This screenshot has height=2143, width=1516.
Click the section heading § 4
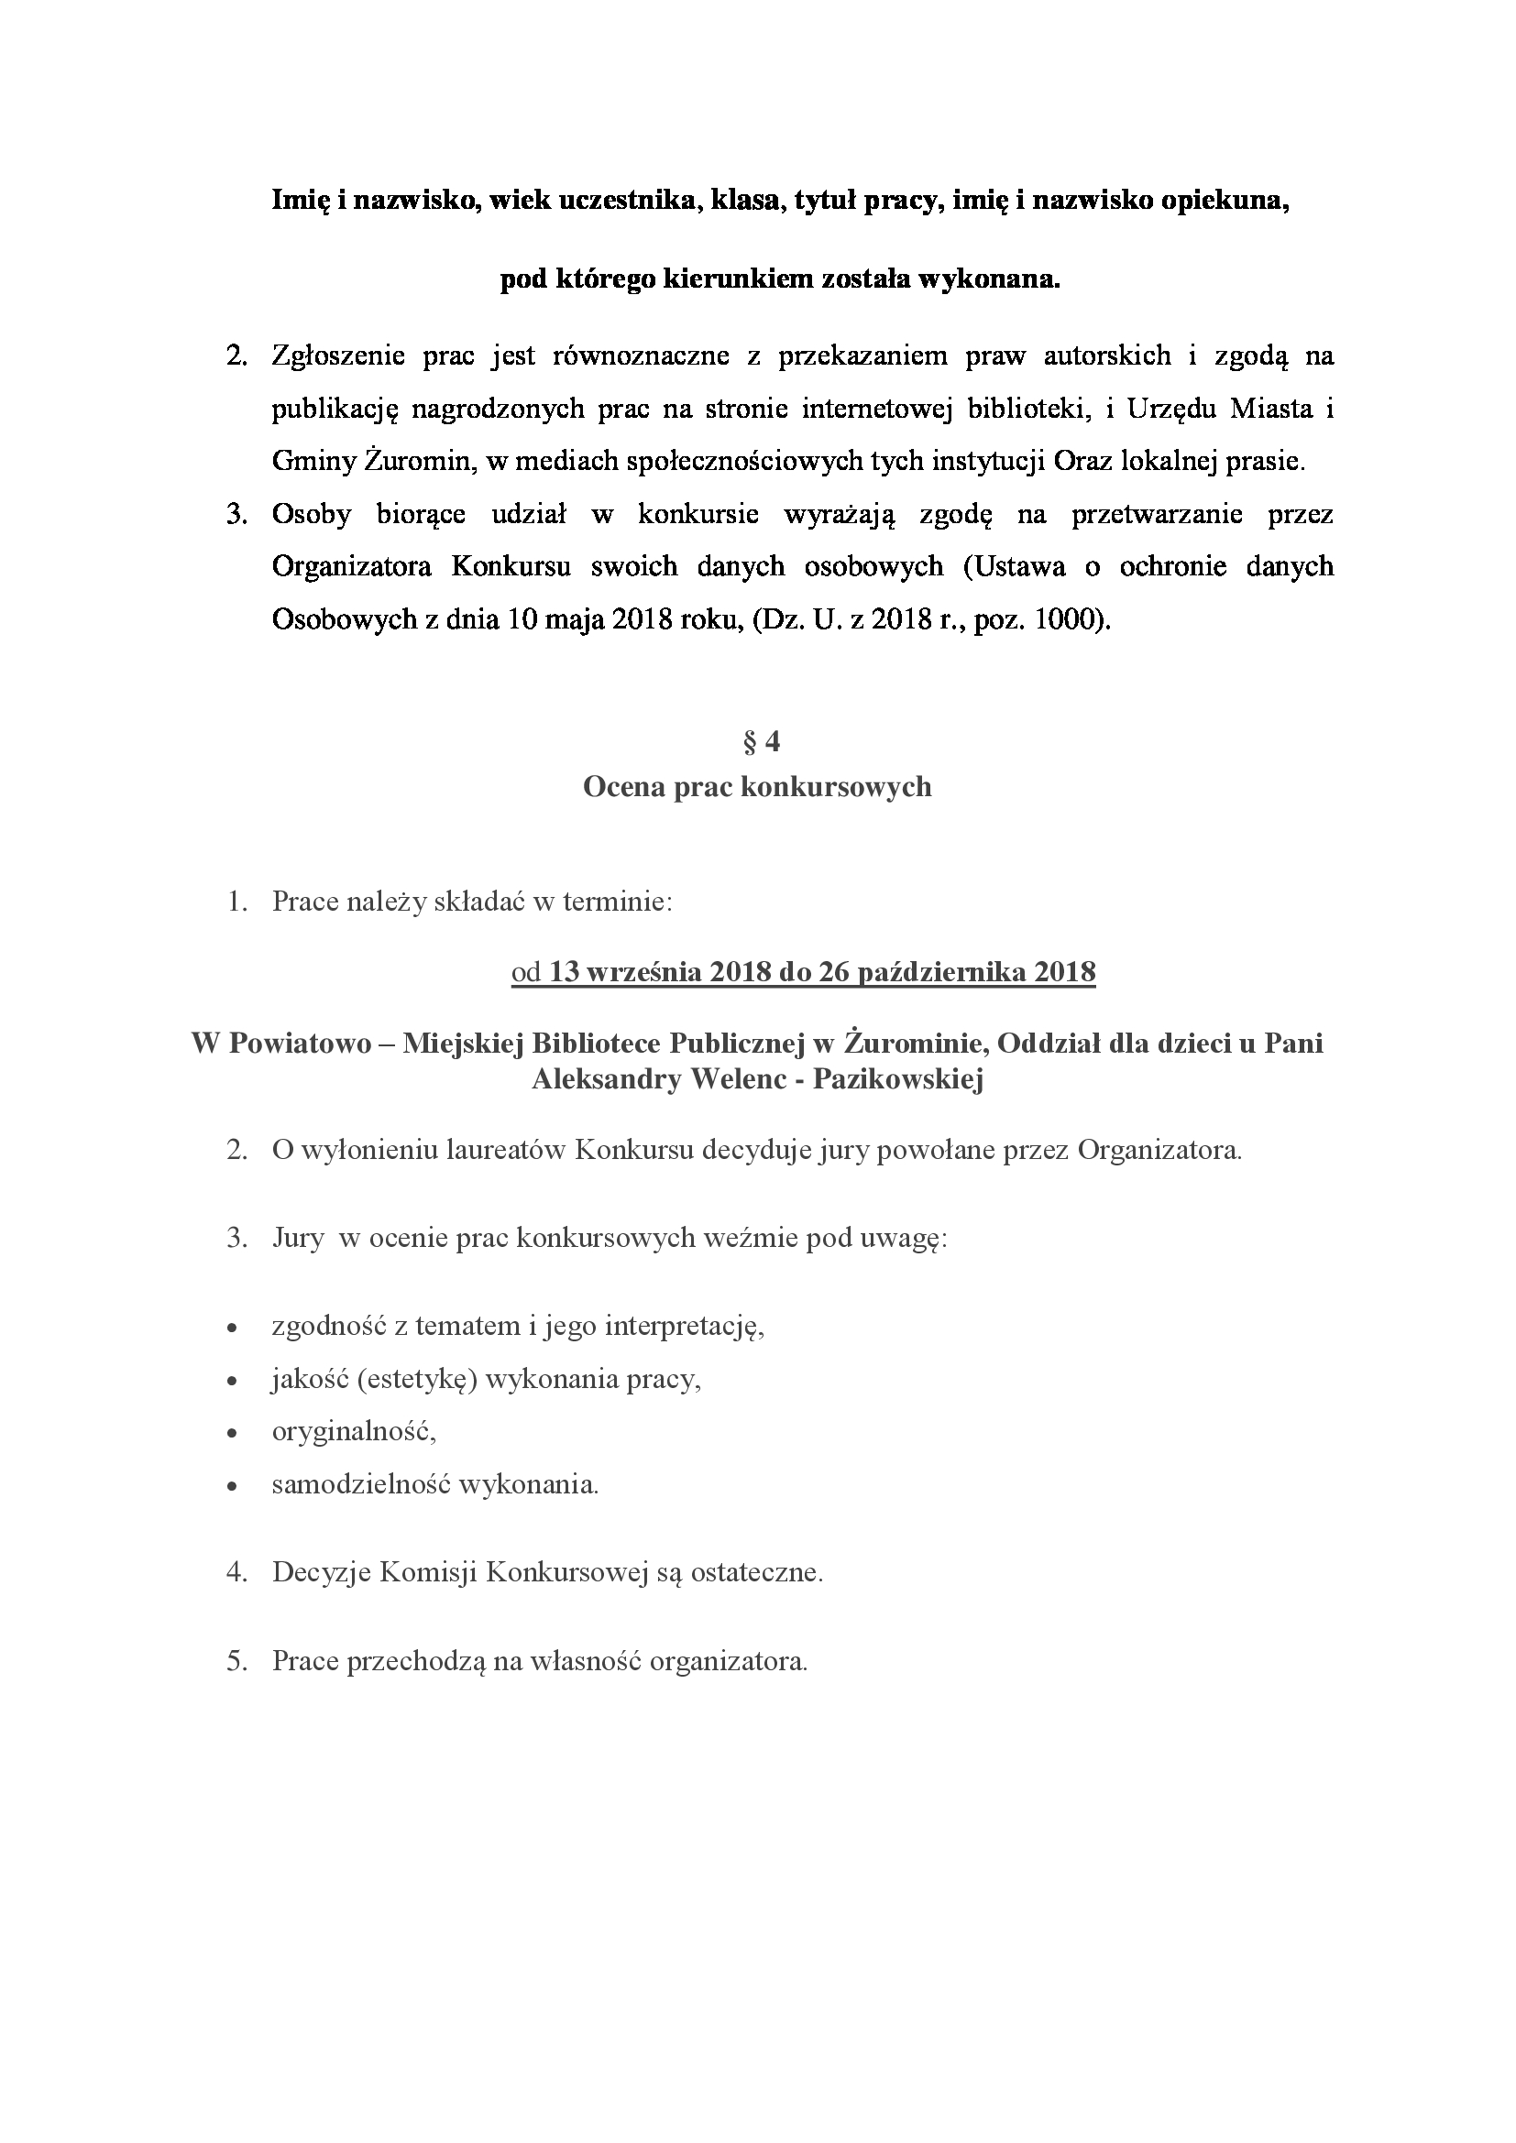click(761, 742)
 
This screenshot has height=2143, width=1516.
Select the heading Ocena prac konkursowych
click(757, 787)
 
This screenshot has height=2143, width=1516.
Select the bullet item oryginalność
click(354, 1431)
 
